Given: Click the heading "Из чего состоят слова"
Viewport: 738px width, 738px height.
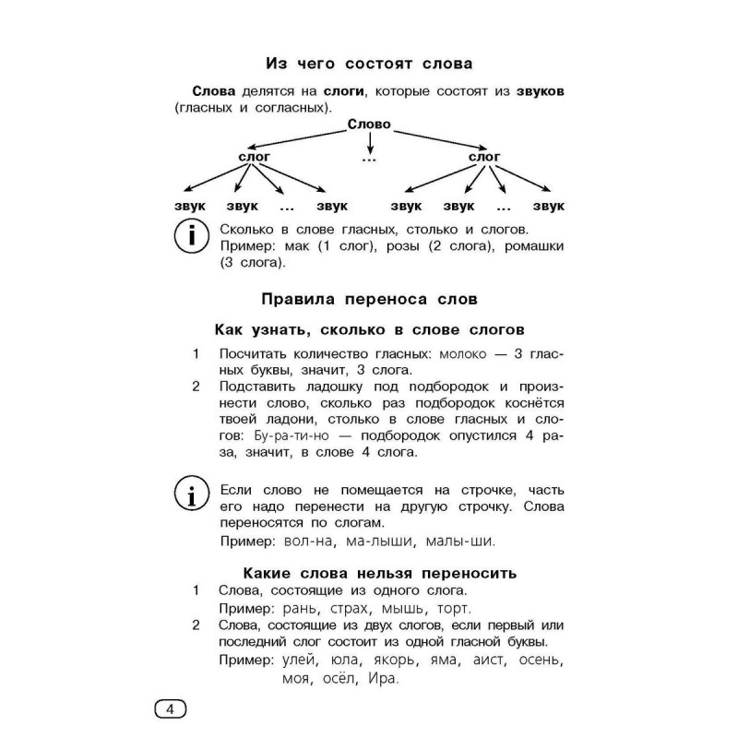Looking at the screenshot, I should coord(369,64).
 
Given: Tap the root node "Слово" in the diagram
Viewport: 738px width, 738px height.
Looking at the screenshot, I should coord(369,125).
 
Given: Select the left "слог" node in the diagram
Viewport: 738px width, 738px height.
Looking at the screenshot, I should coord(254,157).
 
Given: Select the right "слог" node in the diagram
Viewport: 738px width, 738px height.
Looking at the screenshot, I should coord(484,157).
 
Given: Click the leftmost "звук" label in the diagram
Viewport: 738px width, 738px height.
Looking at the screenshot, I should coord(189,206).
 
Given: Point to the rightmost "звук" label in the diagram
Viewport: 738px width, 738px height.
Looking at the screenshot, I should coord(548,206).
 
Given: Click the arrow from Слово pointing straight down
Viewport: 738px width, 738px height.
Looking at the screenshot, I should coord(369,144).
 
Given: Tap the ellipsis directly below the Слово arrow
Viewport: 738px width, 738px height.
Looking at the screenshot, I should coord(369,161).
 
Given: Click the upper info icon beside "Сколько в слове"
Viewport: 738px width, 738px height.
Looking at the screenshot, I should coord(191,237).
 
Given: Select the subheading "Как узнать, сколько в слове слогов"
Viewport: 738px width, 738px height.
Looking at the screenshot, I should coord(369,329).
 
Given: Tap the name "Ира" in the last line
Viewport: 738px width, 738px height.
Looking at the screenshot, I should coord(380,680).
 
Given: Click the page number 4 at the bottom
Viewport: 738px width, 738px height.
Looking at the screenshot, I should coord(169,709).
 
